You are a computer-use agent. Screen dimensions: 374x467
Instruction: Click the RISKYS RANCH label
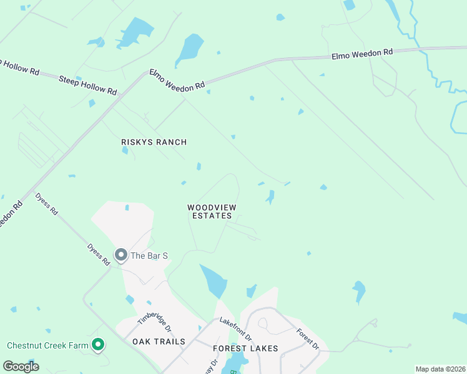154,142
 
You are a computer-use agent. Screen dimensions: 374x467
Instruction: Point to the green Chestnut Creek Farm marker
97,344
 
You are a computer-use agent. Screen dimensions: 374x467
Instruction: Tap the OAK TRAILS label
159,342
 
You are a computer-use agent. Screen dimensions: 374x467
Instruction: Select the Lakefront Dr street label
235,329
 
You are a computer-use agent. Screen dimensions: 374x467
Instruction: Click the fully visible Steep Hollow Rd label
88,85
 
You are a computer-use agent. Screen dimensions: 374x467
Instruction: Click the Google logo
21,367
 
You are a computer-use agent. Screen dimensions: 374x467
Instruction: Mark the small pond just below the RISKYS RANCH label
125,150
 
